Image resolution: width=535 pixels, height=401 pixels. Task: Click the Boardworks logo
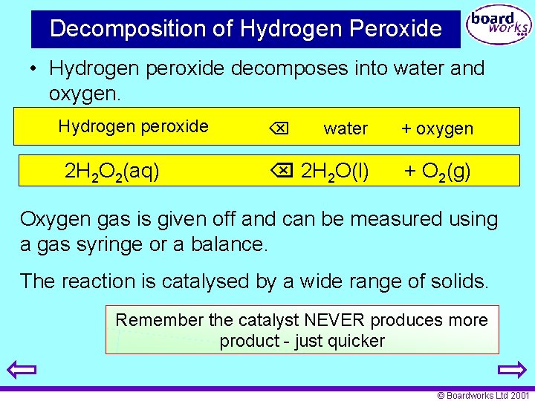point(497,27)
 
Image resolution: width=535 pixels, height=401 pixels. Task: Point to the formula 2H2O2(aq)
point(111,172)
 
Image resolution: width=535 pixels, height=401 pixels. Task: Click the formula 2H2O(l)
point(334,172)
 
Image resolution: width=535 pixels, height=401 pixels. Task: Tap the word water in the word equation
point(346,128)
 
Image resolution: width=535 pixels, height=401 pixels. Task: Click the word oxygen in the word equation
point(444,128)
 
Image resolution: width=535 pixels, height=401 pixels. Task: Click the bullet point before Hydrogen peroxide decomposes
point(34,69)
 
